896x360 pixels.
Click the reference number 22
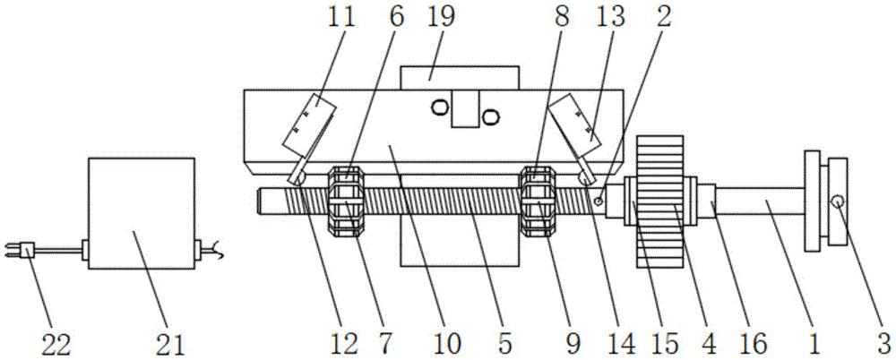pos(55,345)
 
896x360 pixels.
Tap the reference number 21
pos(170,345)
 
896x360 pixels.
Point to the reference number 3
pos(884,345)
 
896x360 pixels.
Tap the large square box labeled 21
pos(142,213)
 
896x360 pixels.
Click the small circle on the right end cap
pos(838,201)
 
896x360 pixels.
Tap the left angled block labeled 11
pos(308,125)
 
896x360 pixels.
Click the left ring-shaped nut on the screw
pos(345,201)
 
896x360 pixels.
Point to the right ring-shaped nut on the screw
pos(537,201)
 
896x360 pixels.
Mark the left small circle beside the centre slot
pos(440,107)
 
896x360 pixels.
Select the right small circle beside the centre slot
pos(491,117)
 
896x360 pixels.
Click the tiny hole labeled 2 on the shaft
pos(599,201)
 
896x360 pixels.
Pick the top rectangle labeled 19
pos(460,78)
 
